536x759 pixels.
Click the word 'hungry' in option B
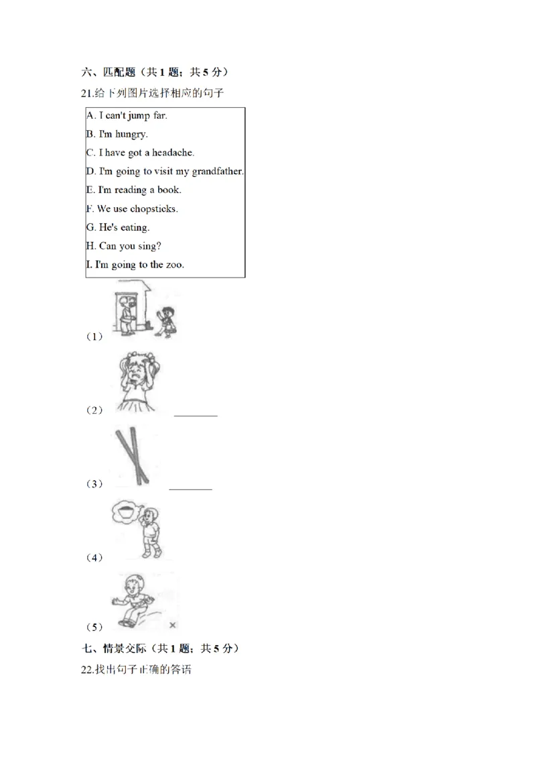(x=131, y=135)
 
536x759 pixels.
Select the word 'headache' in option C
(x=172, y=152)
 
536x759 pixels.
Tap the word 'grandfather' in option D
(x=216, y=172)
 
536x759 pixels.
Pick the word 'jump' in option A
(x=139, y=116)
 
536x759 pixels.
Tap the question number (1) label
(x=94, y=337)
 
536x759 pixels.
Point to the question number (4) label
(x=94, y=558)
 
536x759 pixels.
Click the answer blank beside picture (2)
(x=196, y=415)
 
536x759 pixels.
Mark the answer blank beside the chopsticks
(x=190, y=489)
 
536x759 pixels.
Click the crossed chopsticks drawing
(x=132, y=455)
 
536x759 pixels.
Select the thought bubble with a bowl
(x=126, y=512)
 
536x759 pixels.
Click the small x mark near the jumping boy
(x=173, y=625)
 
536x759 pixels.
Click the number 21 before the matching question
(x=86, y=93)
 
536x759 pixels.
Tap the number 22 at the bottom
(x=86, y=670)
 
